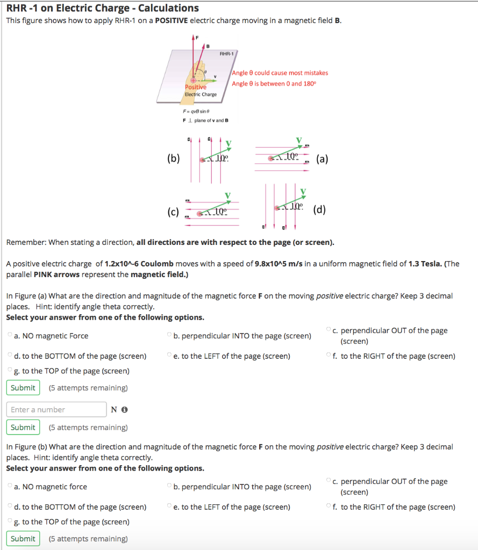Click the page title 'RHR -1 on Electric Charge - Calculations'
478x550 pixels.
coord(102,8)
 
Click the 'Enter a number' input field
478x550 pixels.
coord(56,410)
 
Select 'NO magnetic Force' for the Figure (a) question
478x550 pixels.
coord(10,336)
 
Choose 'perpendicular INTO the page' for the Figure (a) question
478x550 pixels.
coord(170,336)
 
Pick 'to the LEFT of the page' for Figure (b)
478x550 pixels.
coord(170,507)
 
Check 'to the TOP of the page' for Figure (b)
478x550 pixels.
coord(10,522)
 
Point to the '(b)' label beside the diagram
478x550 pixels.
coord(174,158)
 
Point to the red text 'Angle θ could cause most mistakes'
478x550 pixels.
coord(280,73)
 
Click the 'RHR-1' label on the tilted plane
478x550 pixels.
coord(226,54)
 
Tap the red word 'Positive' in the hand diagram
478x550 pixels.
coord(195,87)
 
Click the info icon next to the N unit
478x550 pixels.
coord(125,410)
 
